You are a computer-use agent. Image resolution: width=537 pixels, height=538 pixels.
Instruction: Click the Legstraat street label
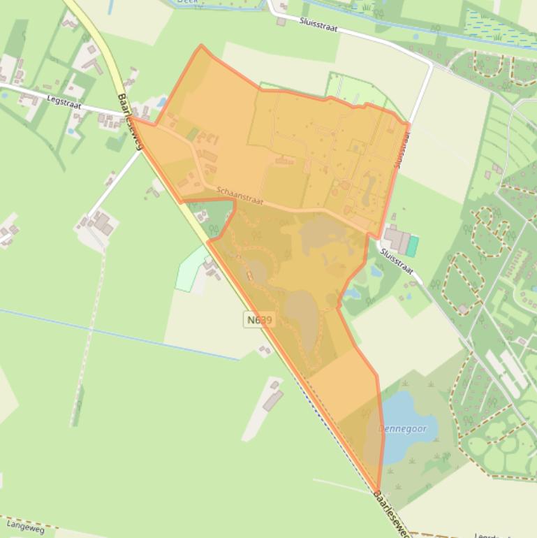tap(64, 101)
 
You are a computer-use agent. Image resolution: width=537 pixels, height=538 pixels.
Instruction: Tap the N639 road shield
tap(259, 320)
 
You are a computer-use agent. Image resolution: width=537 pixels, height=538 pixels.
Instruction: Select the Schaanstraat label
tap(240, 195)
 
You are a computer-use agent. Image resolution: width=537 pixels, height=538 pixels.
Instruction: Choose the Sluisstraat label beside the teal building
tap(397, 260)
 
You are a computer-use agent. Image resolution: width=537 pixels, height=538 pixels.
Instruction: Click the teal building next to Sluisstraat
tap(413, 246)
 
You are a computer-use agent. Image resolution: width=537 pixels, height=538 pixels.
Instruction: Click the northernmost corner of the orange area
tap(202, 46)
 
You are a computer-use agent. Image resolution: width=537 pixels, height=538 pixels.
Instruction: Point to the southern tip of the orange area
tap(378, 491)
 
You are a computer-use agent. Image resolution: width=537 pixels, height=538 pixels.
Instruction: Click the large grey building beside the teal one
tap(396, 240)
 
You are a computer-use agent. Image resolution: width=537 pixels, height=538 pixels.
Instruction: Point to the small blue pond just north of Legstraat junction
tap(162, 103)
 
